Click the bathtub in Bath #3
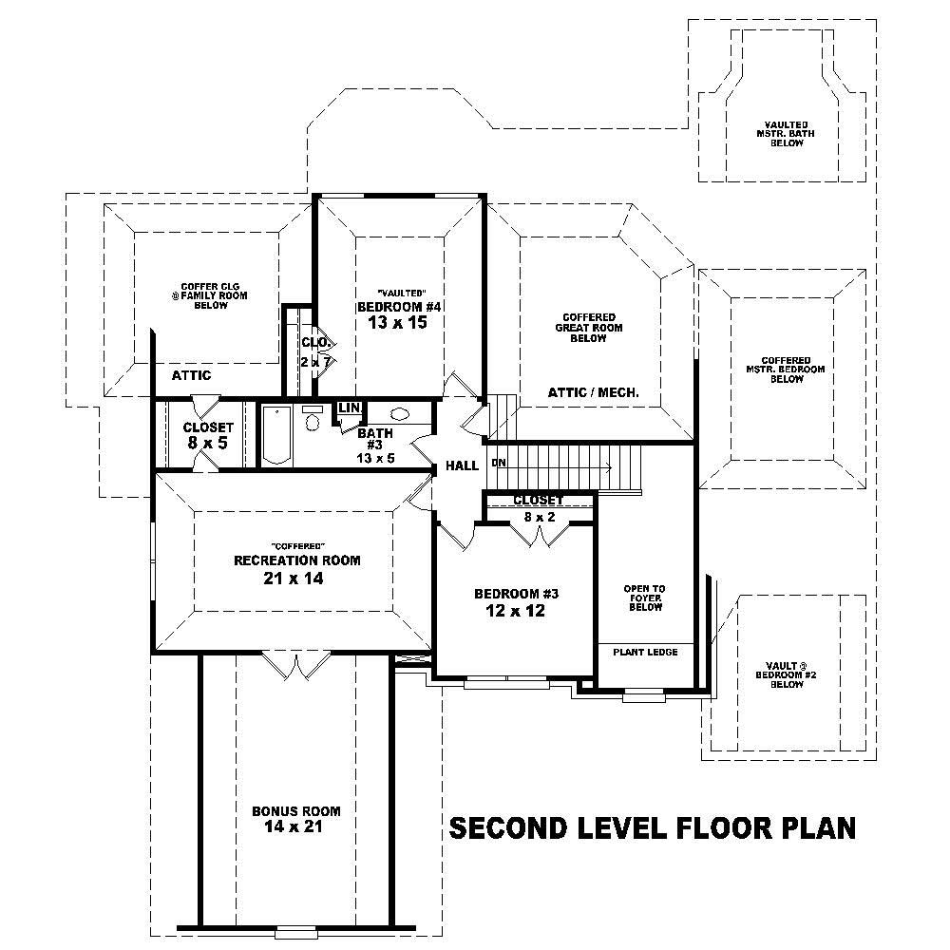(276, 435)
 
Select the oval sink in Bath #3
(398, 414)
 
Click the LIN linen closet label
(349, 408)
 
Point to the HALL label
(462, 466)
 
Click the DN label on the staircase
(498, 463)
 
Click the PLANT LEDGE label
(644, 652)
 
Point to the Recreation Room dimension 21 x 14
(296, 578)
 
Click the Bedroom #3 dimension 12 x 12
(516, 611)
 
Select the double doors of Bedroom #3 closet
(540, 535)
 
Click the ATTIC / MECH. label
(593, 392)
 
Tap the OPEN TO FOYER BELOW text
(644, 598)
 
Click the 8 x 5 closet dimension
(207, 443)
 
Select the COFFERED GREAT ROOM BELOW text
(588, 328)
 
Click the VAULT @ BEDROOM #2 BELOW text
(787, 674)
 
